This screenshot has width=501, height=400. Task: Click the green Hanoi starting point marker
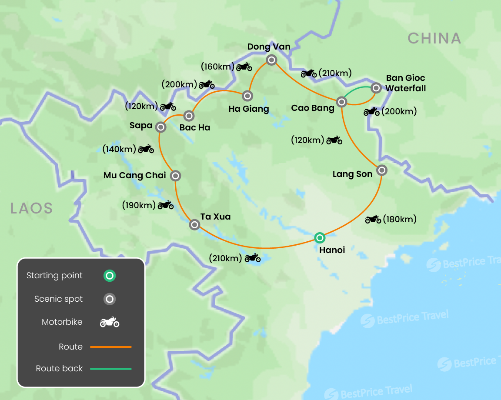pos(320,237)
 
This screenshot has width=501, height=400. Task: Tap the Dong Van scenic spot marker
pos(271,60)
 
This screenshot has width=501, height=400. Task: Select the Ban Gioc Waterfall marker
pos(376,88)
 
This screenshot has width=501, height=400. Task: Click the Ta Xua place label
pos(215,217)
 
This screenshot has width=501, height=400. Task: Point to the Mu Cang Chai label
pos(135,176)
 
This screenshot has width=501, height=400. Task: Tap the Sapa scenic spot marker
pos(160,127)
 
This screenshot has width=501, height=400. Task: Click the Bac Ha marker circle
pos(189,116)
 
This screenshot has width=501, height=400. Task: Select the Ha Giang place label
pos(249,109)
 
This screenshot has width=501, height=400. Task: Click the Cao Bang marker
pos(342,102)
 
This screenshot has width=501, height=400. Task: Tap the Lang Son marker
pos(381,170)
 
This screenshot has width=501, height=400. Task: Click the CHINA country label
pos(434,38)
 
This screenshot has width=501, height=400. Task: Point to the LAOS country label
pos(31,208)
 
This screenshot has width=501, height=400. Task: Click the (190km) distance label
pos(139,205)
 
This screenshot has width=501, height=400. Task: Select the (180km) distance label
pos(399,219)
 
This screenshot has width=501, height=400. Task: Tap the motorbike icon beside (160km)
pos(244,67)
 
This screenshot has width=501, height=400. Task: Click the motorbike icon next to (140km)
pos(146,150)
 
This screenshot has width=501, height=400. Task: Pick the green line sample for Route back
pos(110,369)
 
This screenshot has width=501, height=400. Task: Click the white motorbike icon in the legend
pos(110,322)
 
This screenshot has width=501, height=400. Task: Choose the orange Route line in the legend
pos(110,347)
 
